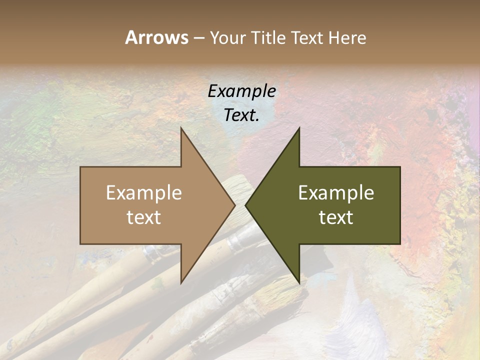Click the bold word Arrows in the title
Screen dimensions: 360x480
pos(157,37)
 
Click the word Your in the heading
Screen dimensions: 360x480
pos(228,37)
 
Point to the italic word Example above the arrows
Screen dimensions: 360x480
pos(241,91)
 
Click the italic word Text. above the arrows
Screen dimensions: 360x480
pos(241,115)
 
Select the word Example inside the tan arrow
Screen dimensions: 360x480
pos(143,193)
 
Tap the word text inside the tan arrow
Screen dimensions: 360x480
pos(143,217)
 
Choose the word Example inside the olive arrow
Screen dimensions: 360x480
pos(336,193)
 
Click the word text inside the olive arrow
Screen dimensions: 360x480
pos(336,217)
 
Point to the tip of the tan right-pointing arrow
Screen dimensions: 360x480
pos(234,205)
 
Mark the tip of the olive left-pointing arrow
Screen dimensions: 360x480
pos(246,205)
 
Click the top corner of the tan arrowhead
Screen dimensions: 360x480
pos(181,128)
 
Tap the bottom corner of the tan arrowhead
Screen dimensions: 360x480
pos(181,282)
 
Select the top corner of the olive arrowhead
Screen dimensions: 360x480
pos(299,128)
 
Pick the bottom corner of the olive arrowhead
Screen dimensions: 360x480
pos(299,282)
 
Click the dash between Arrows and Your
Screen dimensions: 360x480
pos(198,38)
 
